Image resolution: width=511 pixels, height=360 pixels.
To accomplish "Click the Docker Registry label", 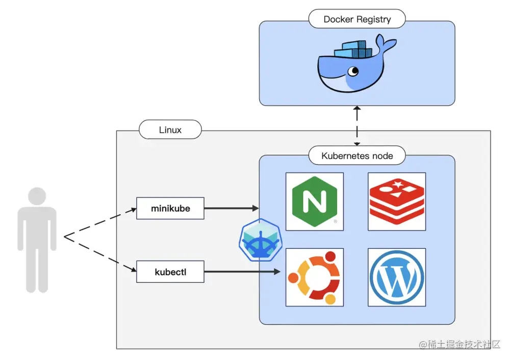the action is click(357, 19).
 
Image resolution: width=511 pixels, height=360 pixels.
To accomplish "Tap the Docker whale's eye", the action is click(353, 71).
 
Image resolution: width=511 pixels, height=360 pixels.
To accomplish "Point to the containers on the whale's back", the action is click(353, 49).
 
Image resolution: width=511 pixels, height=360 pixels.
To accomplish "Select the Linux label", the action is click(170, 130).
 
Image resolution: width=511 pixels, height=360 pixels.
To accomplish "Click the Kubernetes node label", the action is click(357, 156).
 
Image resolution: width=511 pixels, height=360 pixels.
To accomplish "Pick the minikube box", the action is click(170, 208).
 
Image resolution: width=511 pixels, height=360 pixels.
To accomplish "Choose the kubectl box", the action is click(170, 272).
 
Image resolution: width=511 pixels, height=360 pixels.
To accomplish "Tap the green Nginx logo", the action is click(315, 201).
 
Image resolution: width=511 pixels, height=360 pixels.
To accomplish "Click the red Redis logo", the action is click(397, 201).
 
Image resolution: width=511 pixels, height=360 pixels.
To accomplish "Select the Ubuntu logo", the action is click(315, 277).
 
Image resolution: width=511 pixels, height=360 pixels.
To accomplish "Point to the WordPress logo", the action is click(397, 277).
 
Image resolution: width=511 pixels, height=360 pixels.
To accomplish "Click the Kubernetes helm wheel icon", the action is click(261, 240).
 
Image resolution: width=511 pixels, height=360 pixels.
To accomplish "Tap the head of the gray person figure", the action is click(37, 196).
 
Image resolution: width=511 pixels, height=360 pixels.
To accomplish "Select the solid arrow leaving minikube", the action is click(232, 208).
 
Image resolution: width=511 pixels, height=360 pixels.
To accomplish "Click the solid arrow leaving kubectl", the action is click(242, 271).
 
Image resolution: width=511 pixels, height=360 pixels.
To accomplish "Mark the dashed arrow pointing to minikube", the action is click(100, 222).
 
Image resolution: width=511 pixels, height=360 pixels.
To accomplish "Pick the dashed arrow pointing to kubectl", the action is click(100, 253).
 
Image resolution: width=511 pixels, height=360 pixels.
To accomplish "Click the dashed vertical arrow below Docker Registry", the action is click(357, 126).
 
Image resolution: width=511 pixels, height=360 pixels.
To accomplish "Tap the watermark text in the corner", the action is click(459, 344).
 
